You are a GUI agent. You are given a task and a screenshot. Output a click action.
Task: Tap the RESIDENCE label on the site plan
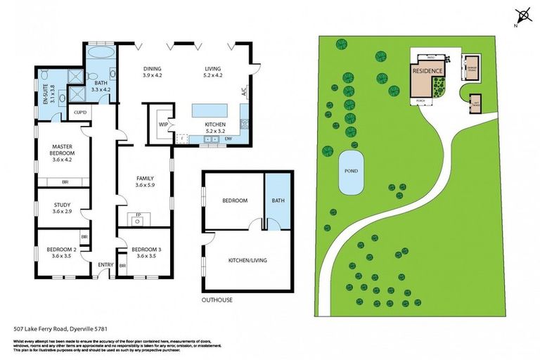click(x=427, y=72)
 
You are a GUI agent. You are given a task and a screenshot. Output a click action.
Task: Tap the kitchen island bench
click(x=210, y=110)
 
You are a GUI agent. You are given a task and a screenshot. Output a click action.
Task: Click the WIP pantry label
click(x=162, y=124)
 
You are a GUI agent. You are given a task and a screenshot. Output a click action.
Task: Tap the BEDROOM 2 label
click(x=63, y=250)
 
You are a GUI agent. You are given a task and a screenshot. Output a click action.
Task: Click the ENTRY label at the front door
click(x=105, y=264)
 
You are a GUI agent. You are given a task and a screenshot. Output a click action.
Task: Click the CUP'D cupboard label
click(x=79, y=112)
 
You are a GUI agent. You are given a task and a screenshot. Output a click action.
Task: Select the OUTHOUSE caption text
click(x=218, y=300)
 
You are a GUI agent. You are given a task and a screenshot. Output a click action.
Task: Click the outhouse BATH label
click(x=277, y=200)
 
